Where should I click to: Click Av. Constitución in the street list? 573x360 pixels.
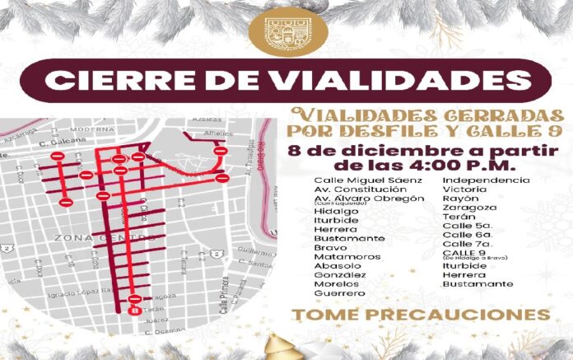[x=359, y=189]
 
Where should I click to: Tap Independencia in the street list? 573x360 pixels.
[x=487, y=180]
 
